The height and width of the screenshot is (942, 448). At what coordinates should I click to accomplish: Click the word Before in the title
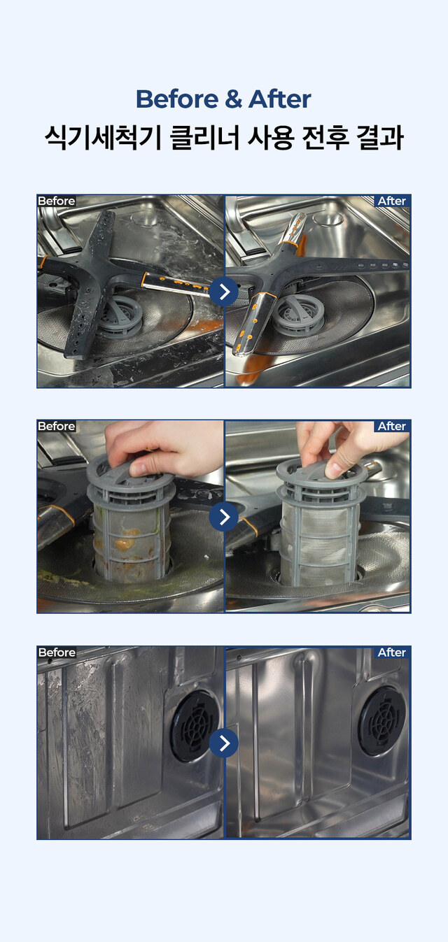[x=177, y=99]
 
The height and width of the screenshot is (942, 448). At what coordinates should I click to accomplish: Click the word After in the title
[x=279, y=99]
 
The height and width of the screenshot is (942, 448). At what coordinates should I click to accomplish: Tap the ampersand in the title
[x=233, y=100]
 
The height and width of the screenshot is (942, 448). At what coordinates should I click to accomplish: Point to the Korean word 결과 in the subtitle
[x=380, y=138]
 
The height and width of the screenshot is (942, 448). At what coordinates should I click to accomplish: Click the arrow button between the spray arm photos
[x=223, y=291]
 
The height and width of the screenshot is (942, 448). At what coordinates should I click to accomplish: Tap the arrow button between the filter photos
[x=223, y=516]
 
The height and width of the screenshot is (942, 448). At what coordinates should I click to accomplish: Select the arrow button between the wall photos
[x=223, y=743]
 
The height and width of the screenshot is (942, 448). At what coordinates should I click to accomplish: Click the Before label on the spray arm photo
[x=57, y=201]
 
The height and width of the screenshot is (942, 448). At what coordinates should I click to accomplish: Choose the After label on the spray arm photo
[x=392, y=201]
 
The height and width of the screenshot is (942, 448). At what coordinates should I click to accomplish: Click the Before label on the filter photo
[x=57, y=427]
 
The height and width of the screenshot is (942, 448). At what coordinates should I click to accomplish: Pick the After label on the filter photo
[x=392, y=427]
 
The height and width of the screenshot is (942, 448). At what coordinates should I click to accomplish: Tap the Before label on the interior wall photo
[x=57, y=652]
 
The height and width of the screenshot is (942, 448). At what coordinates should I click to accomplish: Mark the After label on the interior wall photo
[x=392, y=652]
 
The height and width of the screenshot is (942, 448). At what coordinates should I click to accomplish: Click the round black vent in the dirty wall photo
[x=195, y=727]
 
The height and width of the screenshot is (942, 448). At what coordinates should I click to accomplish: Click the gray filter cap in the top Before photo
[x=122, y=315]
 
